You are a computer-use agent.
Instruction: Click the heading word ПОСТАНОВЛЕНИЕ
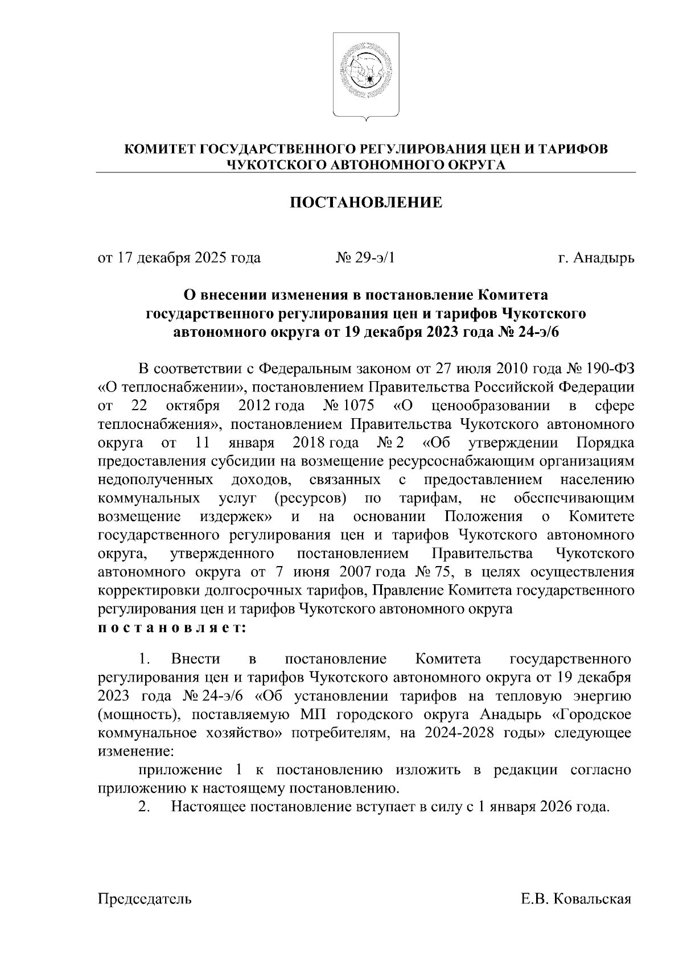pos(366,203)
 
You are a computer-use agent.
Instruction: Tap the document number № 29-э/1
pos(365,258)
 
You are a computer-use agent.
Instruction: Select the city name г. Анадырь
pos(595,258)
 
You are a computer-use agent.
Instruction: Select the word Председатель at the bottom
pos(145,899)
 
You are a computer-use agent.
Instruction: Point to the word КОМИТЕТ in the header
pos(160,150)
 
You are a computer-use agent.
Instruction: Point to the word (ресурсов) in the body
pos(310,499)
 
